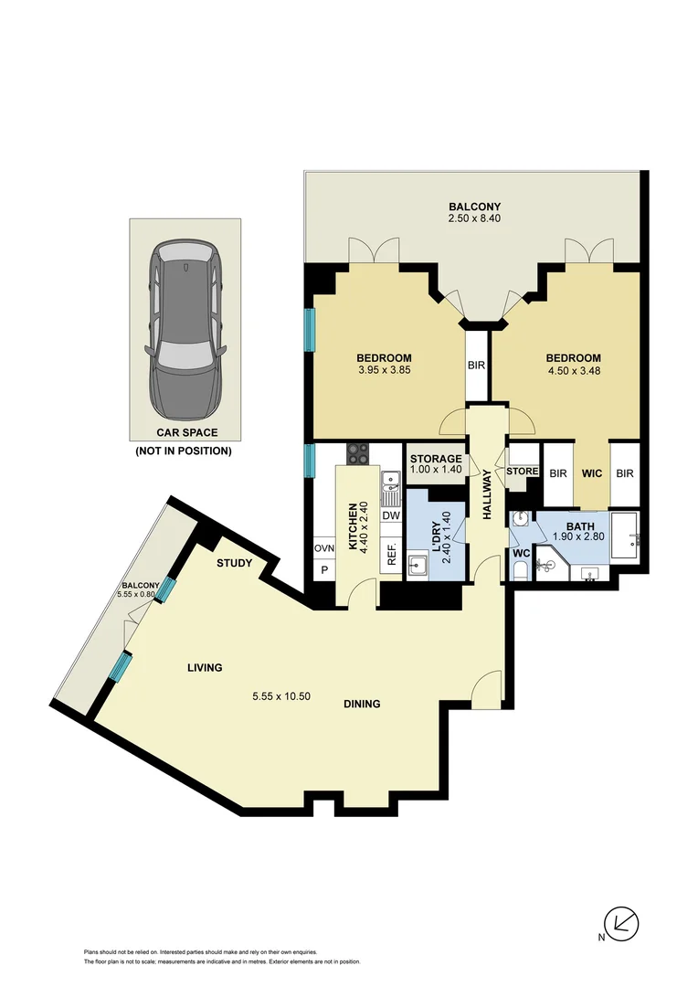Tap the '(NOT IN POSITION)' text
tap(184, 451)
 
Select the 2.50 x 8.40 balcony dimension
tap(474, 219)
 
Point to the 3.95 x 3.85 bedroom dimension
tap(384, 371)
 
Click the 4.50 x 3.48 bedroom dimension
tap(573, 371)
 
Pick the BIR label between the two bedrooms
tap(476, 366)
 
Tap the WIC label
tap(591, 473)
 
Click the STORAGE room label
tap(435, 459)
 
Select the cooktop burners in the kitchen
tap(356, 454)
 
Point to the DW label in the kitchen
tap(391, 515)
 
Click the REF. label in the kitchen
tap(391, 556)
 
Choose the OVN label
tap(324, 547)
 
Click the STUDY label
tap(234, 563)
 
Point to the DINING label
tap(362, 704)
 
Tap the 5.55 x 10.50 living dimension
tap(281, 695)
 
